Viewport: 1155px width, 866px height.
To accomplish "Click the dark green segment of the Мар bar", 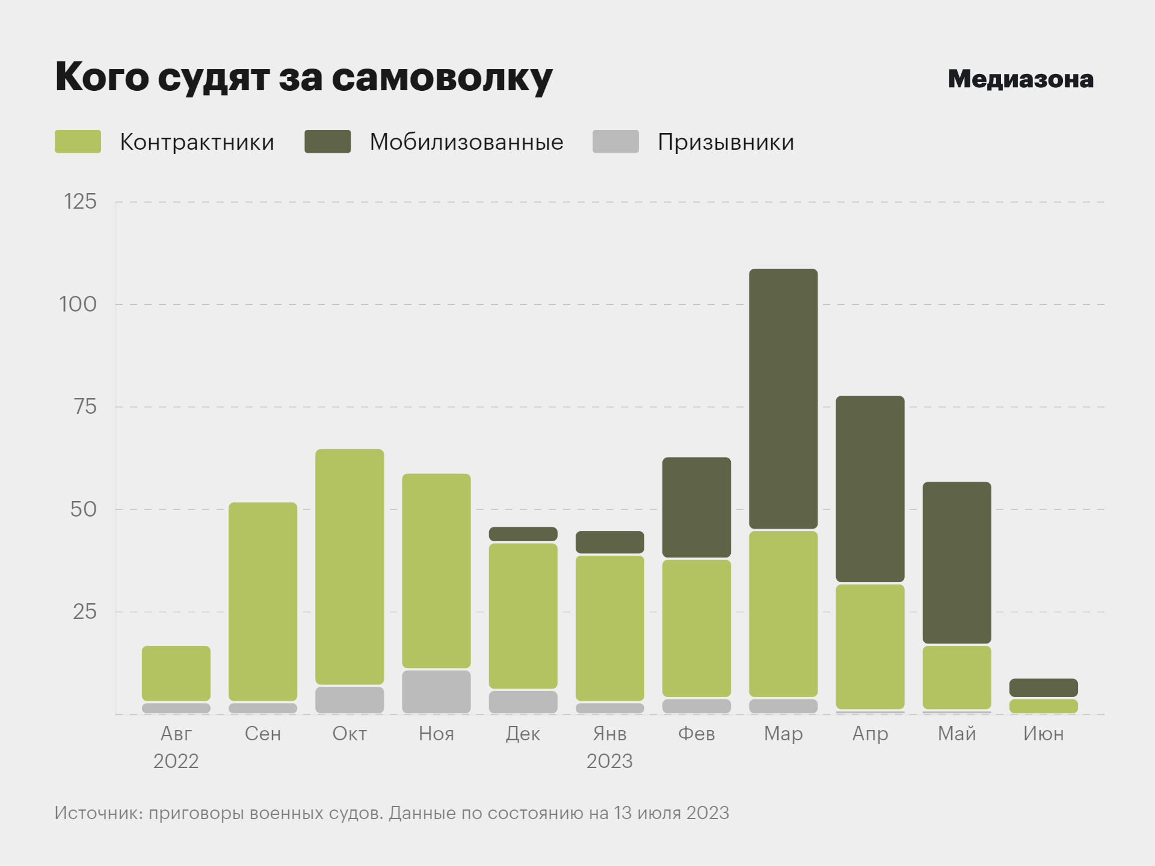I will point(783,399).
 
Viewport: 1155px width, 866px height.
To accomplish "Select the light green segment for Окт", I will point(350,567).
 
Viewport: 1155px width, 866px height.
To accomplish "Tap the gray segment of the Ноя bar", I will point(436,692).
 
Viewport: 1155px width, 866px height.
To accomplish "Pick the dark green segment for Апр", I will point(870,488).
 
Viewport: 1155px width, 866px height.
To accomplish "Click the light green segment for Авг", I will point(176,673).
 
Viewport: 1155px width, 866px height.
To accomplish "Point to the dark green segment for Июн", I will point(1043,687).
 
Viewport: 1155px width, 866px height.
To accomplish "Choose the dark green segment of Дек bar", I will point(523,534).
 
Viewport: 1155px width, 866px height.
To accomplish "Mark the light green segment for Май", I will point(956,677).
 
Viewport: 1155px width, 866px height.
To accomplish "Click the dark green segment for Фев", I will point(697,507).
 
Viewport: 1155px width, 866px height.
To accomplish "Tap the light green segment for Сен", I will point(263,601).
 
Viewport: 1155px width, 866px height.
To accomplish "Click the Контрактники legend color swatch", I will point(78,141).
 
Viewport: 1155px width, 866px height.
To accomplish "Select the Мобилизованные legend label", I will point(466,142).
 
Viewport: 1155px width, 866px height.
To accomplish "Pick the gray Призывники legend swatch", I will point(615,141).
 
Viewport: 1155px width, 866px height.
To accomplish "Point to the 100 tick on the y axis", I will point(78,304).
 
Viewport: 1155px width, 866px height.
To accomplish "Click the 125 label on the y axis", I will point(80,201).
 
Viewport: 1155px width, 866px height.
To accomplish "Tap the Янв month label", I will point(609,734).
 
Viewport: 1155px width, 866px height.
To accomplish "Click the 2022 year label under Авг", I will point(176,761).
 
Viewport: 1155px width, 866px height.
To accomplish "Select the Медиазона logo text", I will point(1020,79).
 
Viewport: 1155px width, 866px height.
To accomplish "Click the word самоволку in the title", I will point(442,78).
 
